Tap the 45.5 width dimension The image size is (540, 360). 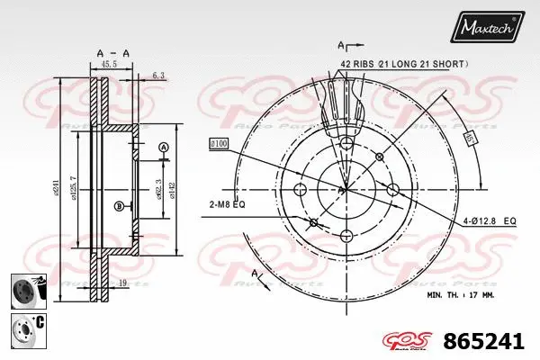(x=108, y=65)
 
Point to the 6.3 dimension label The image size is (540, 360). (x=158, y=76)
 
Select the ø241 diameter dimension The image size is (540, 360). (x=55, y=187)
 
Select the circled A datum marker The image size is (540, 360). (x=163, y=147)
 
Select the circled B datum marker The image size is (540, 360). (x=118, y=207)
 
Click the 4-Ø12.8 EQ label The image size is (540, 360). (x=490, y=220)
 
